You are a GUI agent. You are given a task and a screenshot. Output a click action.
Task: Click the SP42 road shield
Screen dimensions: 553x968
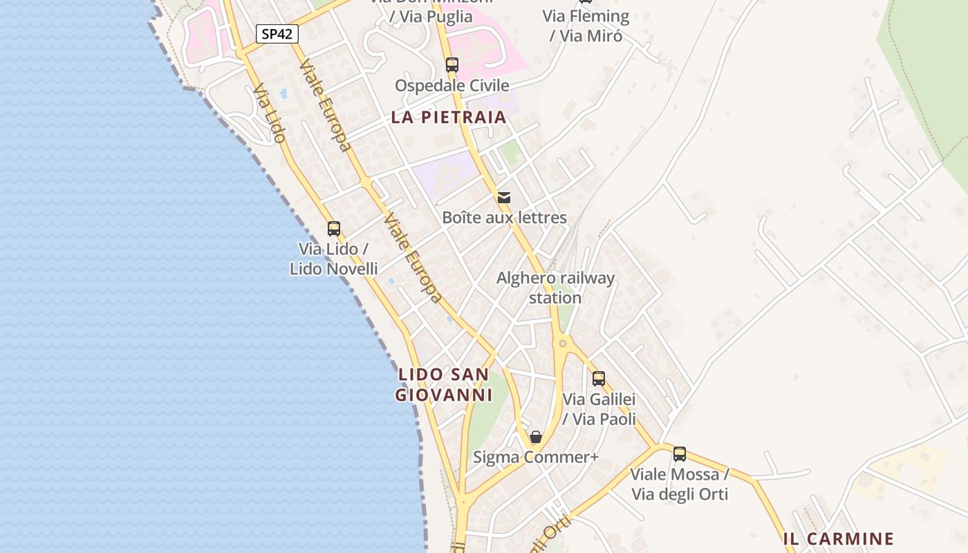pyautogui.click(x=277, y=34)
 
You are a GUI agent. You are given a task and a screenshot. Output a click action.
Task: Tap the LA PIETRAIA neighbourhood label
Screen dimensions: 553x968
pyautogui.click(x=449, y=118)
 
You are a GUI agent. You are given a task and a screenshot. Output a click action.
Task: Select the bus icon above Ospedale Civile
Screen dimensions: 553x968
pyautogui.click(x=452, y=65)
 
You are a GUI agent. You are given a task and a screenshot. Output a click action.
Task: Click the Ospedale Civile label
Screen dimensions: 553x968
pyautogui.click(x=452, y=86)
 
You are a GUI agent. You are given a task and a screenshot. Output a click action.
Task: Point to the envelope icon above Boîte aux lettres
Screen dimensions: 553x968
pyautogui.click(x=504, y=198)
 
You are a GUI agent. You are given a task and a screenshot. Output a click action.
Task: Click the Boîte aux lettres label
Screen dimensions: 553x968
pyautogui.click(x=504, y=218)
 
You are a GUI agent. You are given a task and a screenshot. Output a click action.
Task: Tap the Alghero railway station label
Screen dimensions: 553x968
pyautogui.click(x=555, y=288)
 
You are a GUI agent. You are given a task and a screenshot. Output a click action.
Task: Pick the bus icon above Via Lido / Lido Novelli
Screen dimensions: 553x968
pyautogui.click(x=334, y=229)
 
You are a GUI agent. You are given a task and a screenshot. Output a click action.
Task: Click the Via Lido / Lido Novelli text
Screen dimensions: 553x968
pyautogui.click(x=334, y=259)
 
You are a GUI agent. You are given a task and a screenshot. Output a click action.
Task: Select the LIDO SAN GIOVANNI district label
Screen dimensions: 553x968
pyautogui.click(x=443, y=385)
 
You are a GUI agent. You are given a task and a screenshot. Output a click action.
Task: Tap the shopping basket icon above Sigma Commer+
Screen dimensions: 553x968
pyautogui.click(x=535, y=437)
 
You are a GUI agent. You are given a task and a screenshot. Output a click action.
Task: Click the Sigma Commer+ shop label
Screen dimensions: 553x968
pyautogui.click(x=535, y=458)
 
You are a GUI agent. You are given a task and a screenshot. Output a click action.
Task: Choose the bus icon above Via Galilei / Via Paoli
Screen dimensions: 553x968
pyautogui.click(x=599, y=379)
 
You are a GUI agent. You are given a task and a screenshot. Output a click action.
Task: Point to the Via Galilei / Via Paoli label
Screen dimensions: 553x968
pyautogui.click(x=599, y=409)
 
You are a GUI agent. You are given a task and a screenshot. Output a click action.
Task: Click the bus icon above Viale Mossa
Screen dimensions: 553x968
pyautogui.click(x=680, y=454)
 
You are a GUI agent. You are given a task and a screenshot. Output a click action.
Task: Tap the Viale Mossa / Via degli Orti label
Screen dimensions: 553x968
pyautogui.click(x=680, y=484)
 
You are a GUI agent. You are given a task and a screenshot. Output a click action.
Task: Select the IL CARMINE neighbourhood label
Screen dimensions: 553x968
pyautogui.click(x=839, y=539)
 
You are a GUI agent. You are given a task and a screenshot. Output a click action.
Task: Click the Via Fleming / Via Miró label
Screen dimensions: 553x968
pyautogui.click(x=586, y=26)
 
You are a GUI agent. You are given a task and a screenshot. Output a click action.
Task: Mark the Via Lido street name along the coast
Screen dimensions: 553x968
pyautogui.click(x=269, y=114)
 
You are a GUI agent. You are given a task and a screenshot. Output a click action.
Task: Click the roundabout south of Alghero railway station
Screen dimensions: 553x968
pyautogui.click(x=563, y=342)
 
